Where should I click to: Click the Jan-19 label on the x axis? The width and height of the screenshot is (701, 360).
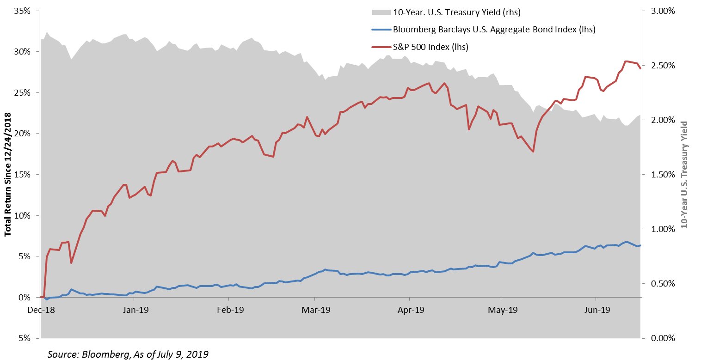pos(135,310)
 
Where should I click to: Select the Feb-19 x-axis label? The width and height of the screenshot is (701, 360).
pos(230,310)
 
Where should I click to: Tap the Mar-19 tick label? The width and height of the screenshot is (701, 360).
pos(316,310)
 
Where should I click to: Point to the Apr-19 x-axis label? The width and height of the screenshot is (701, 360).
pos(411,310)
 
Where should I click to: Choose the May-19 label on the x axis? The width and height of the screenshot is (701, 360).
pos(503,310)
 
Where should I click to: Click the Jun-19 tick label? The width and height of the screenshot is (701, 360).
pos(597,310)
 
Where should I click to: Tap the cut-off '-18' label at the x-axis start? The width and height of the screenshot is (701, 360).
pos(47,310)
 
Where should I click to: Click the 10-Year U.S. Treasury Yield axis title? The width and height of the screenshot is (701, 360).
pos(684,175)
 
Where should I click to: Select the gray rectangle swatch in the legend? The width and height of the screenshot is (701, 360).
pos(381,12)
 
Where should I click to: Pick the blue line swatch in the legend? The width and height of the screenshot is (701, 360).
pos(381,30)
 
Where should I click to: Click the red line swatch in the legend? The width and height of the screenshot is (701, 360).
pos(381,47)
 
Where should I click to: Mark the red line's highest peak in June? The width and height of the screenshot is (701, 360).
pos(626,61)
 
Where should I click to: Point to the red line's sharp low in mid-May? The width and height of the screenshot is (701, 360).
pos(533,152)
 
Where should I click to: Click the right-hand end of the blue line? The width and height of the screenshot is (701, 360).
pos(640,245)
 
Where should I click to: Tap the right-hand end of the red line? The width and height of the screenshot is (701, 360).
pos(640,68)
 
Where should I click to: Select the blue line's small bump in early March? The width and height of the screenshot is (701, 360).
pos(325,269)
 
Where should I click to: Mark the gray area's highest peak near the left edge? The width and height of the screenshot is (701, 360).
pos(47,32)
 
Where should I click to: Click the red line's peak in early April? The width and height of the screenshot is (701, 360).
pos(430,83)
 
